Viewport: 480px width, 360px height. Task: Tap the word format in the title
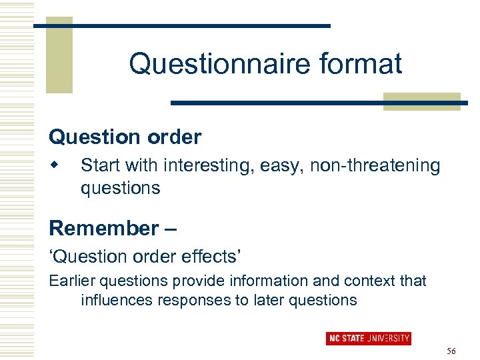point(361,64)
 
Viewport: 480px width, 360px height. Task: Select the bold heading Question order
point(125,137)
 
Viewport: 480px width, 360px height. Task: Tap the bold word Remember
point(103,228)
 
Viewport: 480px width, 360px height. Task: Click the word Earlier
point(72,281)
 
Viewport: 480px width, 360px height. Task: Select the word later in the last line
point(267,300)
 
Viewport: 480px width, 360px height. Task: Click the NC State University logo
point(368,339)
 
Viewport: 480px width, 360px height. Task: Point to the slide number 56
point(451,351)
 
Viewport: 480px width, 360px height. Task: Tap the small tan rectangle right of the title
point(421,101)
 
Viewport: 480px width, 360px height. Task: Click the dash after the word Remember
point(170,229)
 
